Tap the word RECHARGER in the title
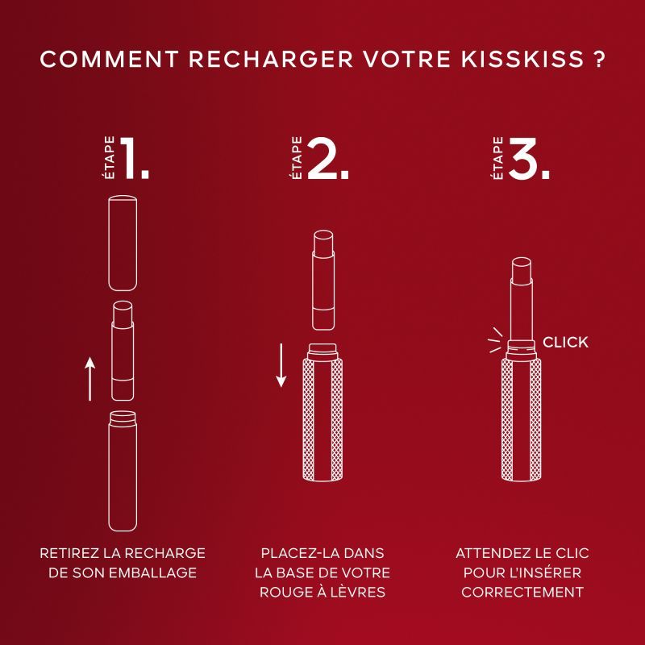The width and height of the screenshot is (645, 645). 271,59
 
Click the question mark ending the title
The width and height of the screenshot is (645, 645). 599,59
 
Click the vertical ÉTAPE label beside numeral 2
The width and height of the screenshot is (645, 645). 296,158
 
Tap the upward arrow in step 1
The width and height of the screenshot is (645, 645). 90,379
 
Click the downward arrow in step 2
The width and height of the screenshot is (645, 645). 281,365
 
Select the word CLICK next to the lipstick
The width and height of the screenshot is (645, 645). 565,342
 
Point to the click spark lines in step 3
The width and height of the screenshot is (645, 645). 495,340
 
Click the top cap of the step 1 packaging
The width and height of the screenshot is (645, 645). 123,243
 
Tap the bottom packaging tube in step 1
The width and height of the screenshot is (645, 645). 123,471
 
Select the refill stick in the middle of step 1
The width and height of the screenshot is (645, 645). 123,351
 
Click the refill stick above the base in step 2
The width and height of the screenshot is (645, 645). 323,280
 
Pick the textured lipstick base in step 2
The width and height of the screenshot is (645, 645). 323,413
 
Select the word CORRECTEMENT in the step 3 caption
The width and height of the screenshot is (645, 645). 522,592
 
